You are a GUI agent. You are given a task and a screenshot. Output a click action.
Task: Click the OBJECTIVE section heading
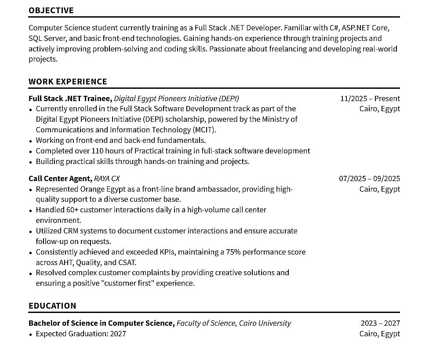pos(51,10)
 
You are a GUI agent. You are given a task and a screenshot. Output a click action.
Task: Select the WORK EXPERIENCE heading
pos(68,81)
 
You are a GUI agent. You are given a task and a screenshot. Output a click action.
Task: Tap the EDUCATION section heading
pos(52,305)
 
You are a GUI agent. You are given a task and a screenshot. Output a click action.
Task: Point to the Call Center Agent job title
pos(60,178)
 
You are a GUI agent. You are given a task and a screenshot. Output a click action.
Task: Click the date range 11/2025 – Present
pos(370,98)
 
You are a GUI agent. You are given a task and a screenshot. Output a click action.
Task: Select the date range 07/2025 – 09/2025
pos(369,178)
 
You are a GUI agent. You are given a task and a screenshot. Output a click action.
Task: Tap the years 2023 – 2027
pos(380,323)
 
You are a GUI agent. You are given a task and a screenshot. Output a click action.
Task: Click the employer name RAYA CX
pos(107,178)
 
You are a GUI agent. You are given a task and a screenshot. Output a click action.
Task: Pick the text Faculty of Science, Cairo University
pos(233,323)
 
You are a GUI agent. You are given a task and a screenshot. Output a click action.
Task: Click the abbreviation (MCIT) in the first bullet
pos(204,130)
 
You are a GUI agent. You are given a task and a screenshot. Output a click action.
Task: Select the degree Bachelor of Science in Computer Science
pos(101,323)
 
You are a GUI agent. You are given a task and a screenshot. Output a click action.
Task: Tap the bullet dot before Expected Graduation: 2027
pos(31,334)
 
